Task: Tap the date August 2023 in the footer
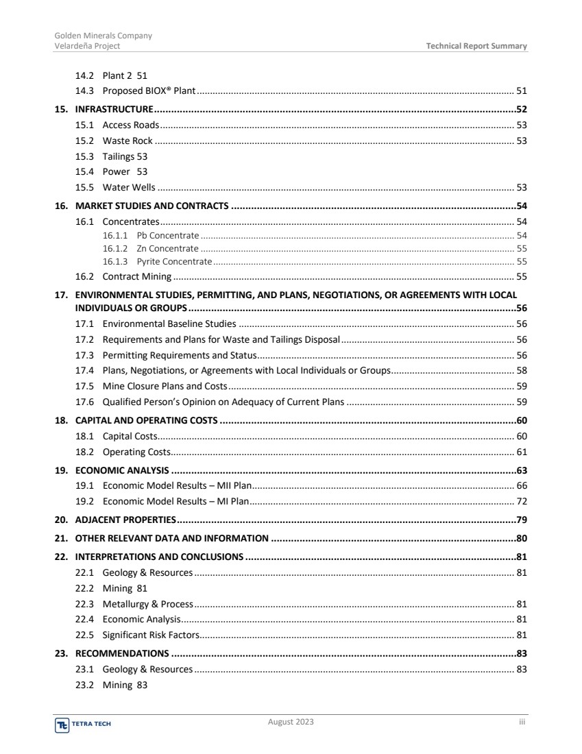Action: click(291, 722)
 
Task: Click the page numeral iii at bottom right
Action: click(521, 722)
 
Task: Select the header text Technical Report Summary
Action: click(476, 46)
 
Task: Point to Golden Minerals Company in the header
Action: click(103, 36)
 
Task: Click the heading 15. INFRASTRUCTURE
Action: click(104, 109)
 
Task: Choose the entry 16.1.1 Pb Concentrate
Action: click(151, 235)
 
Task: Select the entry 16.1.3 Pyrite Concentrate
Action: click(157, 261)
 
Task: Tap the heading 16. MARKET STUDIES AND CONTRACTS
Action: click(143, 206)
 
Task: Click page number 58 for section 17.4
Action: click(521, 370)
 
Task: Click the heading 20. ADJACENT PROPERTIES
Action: click(116, 519)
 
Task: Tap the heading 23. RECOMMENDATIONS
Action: click(112, 653)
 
